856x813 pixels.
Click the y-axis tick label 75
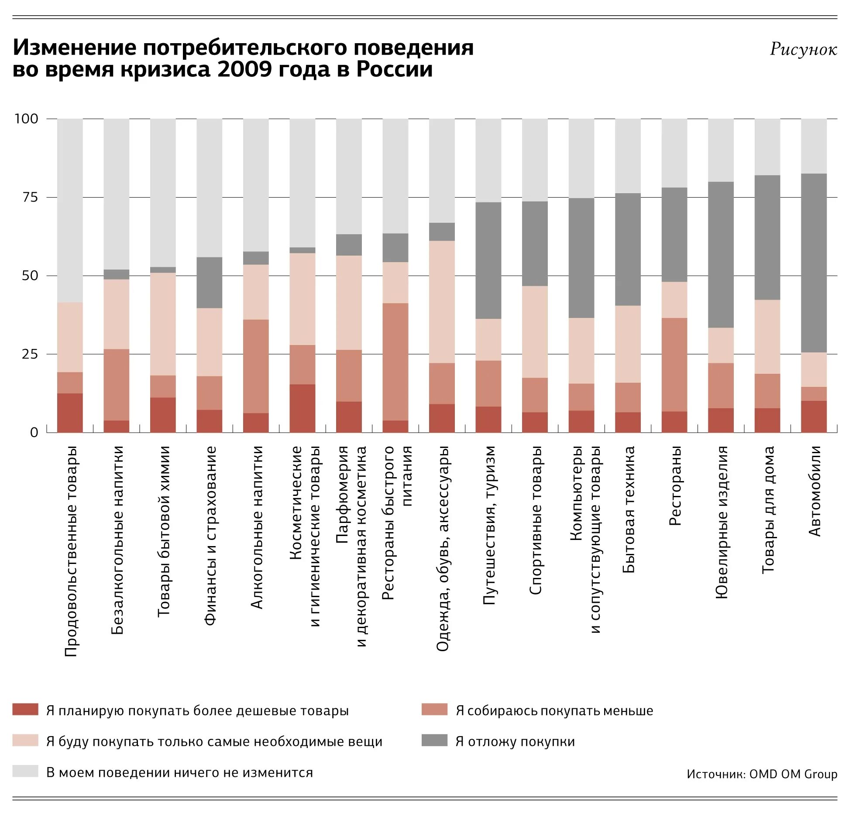tap(30, 198)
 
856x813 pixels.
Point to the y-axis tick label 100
tap(26, 119)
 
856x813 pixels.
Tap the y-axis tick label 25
tap(30, 354)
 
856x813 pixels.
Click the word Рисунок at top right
tap(803, 49)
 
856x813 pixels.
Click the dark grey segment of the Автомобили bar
tap(813, 263)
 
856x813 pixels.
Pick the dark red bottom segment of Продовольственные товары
tap(70, 413)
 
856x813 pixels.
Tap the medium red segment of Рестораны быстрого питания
tap(395, 362)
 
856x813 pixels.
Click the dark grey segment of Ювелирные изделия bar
tap(720, 255)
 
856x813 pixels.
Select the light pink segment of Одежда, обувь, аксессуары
tap(442, 302)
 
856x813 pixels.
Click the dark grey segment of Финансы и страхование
tap(209, 283)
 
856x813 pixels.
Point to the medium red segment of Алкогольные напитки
tap(256, 366)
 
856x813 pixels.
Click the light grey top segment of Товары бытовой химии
tap(163, 192)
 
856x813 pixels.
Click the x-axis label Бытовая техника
tap(628, 509)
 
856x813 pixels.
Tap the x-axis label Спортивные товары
tap(535, 520)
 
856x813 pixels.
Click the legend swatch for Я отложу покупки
tap(434, 740)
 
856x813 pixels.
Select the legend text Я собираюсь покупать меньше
tap(554, 711)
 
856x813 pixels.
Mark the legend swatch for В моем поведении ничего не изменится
tap(25, 771)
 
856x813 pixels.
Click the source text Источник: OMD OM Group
tap(762, 774)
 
